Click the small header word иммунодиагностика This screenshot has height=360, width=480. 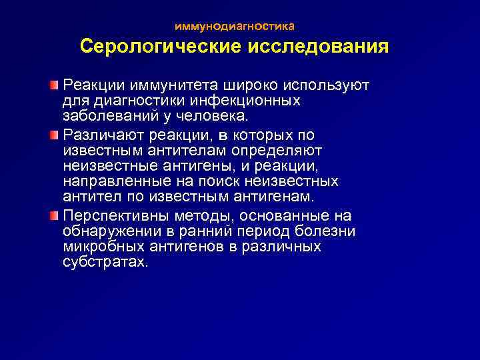pos(234,27)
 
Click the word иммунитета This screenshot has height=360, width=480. pos(172,87)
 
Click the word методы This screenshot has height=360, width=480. pos(200,215)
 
